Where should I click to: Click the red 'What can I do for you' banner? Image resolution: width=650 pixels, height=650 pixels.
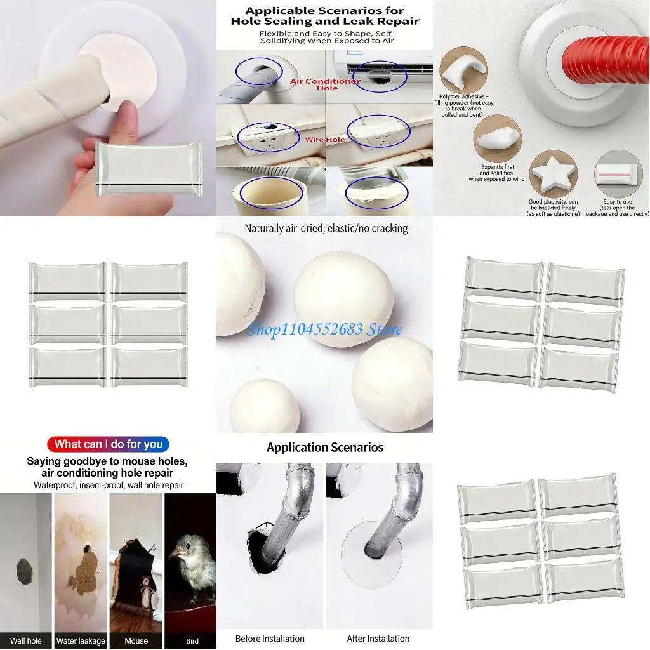(x=109, y=444)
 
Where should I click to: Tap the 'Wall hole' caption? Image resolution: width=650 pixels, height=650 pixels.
(x=26, y=641)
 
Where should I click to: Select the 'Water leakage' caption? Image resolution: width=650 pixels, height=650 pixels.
(x=81, y=641)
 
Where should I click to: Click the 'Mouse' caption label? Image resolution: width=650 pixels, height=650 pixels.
(x=136, y=641)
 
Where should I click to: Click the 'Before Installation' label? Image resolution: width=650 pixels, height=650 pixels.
(x=270, y=639)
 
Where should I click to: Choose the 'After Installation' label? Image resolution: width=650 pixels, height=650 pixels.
(x=378, y=639)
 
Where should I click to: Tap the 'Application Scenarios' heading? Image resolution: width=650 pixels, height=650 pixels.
(x=324, y=448)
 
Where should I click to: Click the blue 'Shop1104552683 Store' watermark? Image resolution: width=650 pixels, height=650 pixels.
(x=324, y=329)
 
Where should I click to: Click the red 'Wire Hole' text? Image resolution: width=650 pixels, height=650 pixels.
(x=324, y=140)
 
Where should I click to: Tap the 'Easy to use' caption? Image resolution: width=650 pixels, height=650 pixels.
(x=618, y=202)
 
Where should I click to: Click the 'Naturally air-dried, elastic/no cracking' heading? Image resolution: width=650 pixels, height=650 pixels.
(x=326, y=228)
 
